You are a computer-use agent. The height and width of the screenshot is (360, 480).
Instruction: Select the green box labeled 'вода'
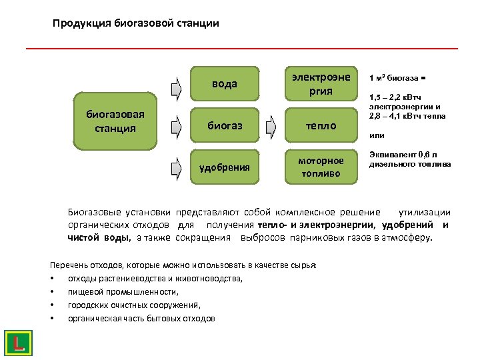225,84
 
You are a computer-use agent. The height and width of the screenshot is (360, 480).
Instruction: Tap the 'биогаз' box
225,125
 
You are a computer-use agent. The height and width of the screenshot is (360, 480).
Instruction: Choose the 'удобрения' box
225,167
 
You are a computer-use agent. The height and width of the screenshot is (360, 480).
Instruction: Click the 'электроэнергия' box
321,84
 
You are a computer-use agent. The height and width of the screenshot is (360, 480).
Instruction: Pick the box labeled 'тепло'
321,125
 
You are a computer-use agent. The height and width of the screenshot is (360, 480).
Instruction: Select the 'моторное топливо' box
321,167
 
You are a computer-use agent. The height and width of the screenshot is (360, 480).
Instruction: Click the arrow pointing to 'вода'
175,87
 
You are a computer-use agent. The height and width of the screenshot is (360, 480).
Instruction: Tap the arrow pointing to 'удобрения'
175,163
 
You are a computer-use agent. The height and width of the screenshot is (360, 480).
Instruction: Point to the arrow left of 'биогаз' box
175,125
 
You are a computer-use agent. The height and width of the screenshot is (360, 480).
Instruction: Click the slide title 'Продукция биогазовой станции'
135,23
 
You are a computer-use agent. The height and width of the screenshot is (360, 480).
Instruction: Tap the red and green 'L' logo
19,343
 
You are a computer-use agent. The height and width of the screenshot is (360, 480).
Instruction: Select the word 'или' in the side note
377,135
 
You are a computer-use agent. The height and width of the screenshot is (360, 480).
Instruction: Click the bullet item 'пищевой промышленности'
123,291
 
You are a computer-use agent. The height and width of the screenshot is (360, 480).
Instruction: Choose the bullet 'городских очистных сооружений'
133,305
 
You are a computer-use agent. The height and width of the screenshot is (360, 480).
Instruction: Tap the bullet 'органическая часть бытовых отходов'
141,318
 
